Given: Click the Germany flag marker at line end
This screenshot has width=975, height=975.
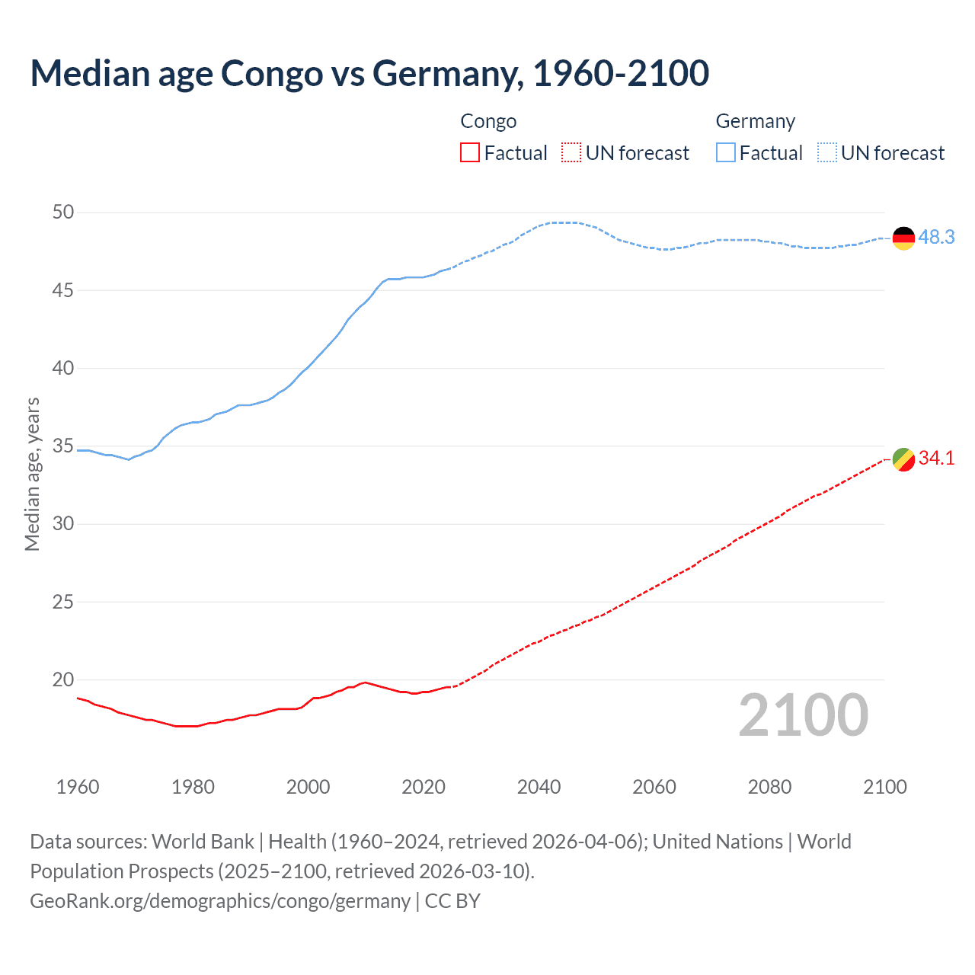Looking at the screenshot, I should [x=903, y=238].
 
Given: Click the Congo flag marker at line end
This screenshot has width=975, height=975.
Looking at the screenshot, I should [x=903, y=459].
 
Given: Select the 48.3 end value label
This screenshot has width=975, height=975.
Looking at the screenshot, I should [x=936, y=238].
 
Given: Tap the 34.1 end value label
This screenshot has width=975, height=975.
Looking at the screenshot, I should [x=936, y=458].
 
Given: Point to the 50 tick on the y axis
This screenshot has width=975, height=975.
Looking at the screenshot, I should [x=63, y=213].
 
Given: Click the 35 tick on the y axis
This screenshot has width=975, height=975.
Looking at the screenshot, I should [x=63, y=446].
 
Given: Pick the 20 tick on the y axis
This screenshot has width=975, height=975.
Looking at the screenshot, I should [x=63, y=679].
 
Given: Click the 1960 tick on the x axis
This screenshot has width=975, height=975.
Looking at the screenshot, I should [x=78, y=787].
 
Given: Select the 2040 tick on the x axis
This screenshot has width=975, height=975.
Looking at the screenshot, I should [x=539, y=787].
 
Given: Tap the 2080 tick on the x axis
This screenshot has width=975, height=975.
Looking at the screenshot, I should [x=769, y=787].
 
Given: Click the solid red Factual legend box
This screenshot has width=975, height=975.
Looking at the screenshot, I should [x=470, y=153].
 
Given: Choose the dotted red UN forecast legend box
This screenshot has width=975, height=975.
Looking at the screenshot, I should [x=571, y=153].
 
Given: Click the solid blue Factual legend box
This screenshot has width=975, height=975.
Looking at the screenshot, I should [x=726, y=153].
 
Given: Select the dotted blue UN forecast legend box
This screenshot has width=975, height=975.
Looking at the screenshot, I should [x=827, y=153].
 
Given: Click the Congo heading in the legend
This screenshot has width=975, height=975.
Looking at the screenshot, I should [x=488, y=122].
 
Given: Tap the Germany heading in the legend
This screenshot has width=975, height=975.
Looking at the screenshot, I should [x=755, y=122].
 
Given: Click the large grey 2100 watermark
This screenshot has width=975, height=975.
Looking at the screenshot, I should [x=804, y=715].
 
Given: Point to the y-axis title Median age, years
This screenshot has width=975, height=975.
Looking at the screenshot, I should [x=32, y=474].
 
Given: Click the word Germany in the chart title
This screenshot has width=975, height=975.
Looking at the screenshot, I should [x=447, y=74].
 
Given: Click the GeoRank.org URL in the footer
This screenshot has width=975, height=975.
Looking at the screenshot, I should [x=220, y=901].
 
